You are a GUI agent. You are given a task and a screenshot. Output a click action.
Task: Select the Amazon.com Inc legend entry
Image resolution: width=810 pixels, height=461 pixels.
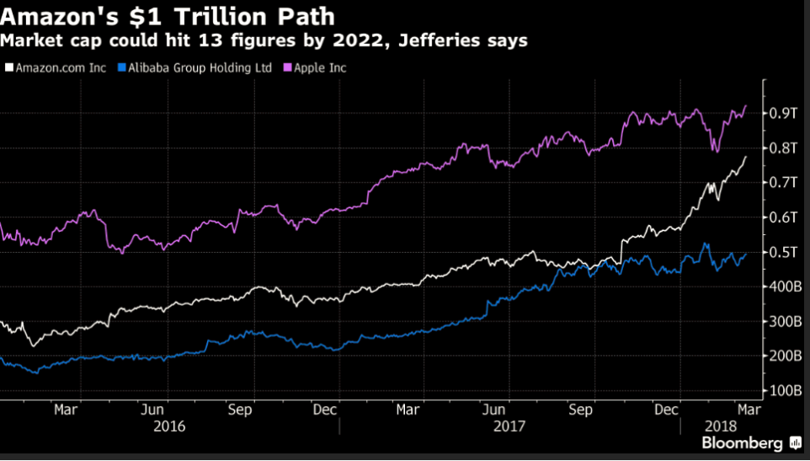[x=55, y=67]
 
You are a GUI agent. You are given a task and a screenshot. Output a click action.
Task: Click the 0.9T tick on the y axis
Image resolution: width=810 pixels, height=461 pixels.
[x=781, y=113]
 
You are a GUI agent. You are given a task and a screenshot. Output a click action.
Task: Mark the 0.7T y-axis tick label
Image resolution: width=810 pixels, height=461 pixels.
[x=781, y=182]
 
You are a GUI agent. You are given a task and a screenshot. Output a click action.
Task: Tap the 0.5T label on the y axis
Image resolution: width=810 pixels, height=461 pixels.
[x=781, y=252]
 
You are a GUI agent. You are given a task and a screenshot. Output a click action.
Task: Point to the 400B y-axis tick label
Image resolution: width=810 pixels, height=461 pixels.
[x=781, y=287]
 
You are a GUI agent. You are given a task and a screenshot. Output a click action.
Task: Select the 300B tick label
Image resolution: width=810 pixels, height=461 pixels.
[x=781, y=322]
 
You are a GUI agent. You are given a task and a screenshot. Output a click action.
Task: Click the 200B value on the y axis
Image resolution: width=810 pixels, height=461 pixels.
[x=781, y=356]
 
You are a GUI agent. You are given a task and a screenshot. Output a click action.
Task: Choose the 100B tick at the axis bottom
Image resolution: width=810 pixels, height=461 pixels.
[x=781, y=391]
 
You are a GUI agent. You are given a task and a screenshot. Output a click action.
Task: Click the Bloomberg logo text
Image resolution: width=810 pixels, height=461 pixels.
[x=743, y=443]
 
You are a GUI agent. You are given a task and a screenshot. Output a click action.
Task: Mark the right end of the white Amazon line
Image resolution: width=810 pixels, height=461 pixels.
[x=745, y=157]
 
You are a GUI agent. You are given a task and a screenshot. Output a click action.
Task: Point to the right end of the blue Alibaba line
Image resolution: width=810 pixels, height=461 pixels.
[x=746, y=254]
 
